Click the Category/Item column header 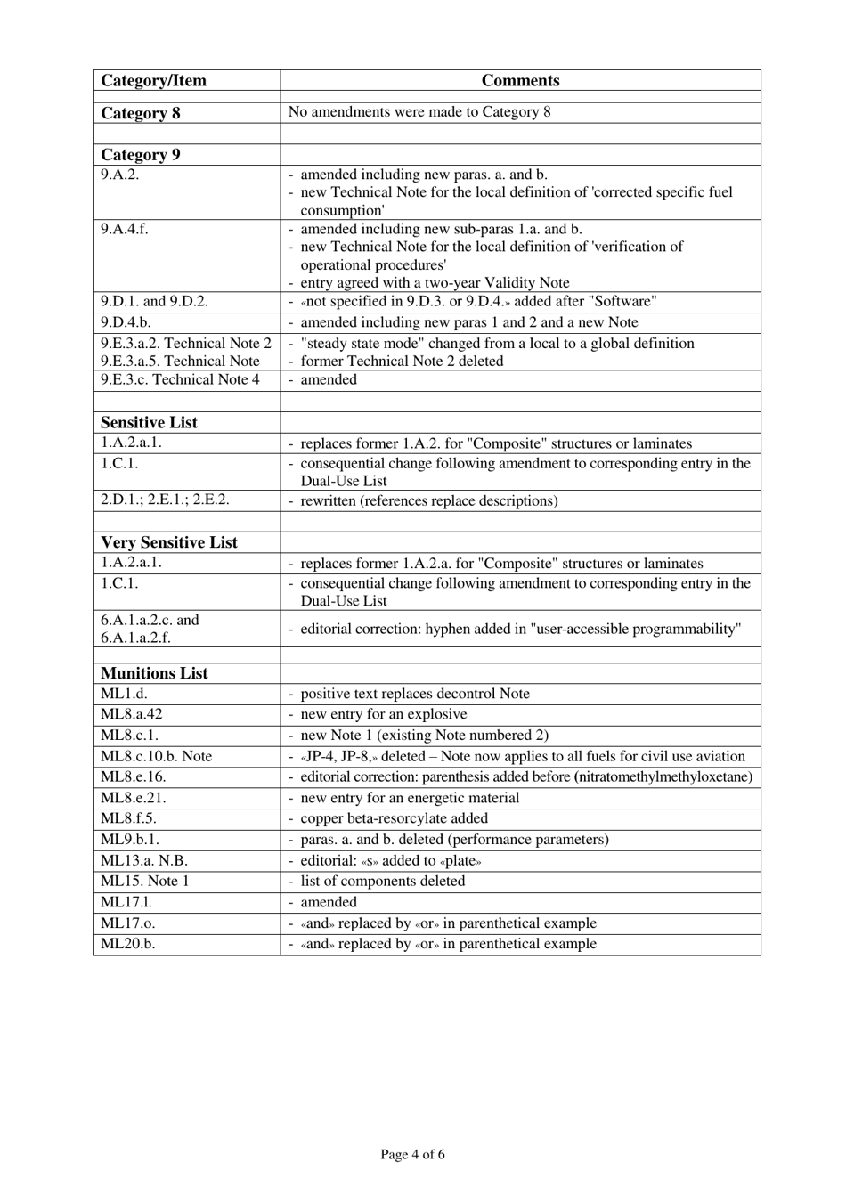click(x=153, y=81)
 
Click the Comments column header click(x=520, y=81)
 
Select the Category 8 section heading click(x=141, y=113)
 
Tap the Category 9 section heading click(x=141, y=155)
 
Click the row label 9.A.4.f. click(x=125, y=229)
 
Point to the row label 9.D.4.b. click(x=126, y=322)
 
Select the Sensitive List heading click(x=149, y=423)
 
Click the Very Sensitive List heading click(x=169, y=542)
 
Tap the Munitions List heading click(x=154, y=673)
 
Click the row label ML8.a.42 click(x=132, y=714)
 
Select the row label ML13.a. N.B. click(x=144, y=860)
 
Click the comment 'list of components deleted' click(x=382, y=881)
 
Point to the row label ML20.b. click(x=127, y=944)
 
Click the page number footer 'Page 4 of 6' click(x=412, y=1155)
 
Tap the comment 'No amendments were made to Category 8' click(x=419, y=112)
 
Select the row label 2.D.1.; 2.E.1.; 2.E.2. click(x=165, y=500)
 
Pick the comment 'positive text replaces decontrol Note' click(x=414, y=694)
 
